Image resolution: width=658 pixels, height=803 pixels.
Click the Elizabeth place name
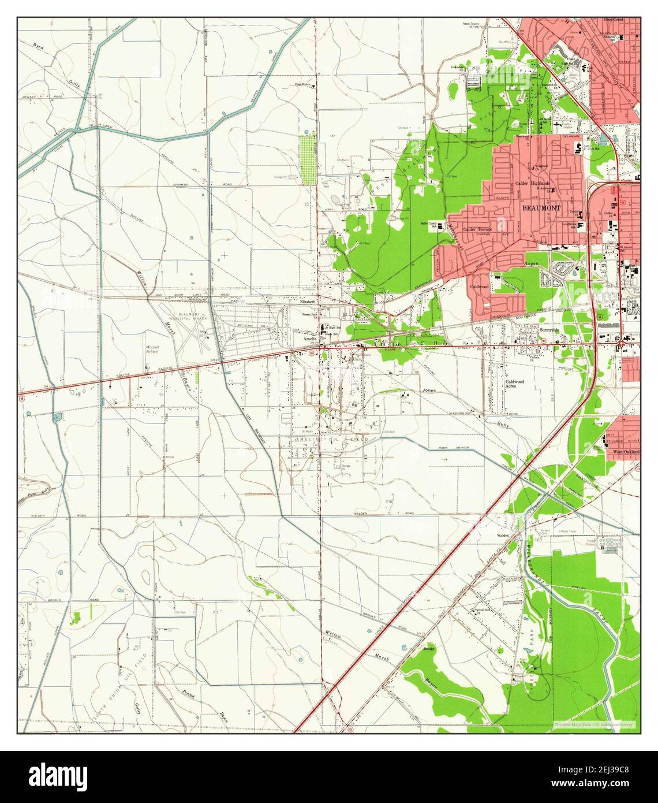tap(308, 302)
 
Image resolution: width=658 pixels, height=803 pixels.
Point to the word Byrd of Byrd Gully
tap(39, 46)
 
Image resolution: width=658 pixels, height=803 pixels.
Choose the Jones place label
tap(428, 391)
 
